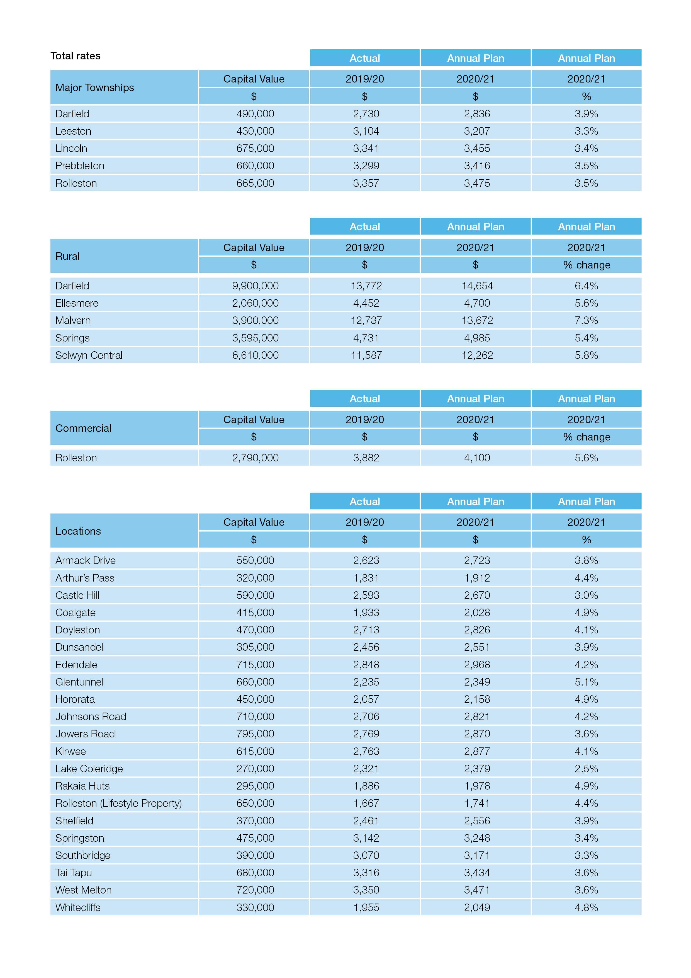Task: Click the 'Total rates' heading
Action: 75,56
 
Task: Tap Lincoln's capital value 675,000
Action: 255,148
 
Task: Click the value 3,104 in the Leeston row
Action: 366,131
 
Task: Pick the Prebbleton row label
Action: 80,166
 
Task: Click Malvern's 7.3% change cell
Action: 586,320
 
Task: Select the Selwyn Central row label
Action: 89,355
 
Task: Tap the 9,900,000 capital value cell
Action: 255,286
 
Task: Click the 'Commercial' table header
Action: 83,428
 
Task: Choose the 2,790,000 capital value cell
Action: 255,458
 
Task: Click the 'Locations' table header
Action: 78,531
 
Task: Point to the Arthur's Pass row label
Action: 85,578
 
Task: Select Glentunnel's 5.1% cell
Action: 586,682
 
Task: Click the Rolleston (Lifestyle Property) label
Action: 118,803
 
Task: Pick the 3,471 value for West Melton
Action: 477,890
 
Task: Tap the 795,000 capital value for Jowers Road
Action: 255,734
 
